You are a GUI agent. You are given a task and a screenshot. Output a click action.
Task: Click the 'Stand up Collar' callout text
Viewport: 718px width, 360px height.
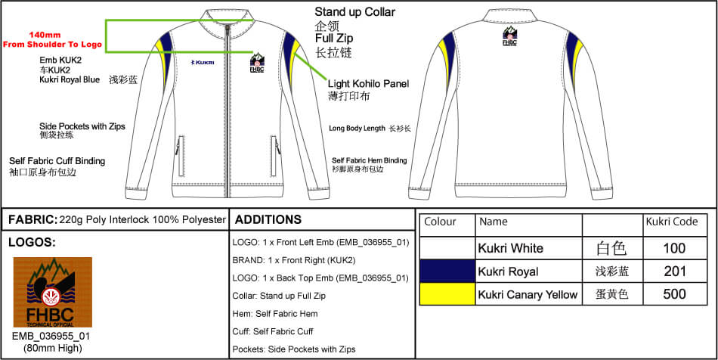click(354, 12)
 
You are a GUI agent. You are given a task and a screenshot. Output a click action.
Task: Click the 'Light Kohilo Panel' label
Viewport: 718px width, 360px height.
click(368, 83)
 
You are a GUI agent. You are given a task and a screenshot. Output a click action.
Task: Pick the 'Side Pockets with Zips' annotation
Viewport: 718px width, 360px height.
click(82, 126)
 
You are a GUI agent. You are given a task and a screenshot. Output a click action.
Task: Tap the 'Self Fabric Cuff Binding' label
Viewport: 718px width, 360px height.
click(57, 161)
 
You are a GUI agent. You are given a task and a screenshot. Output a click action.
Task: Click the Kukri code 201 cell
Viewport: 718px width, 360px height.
click(674, 272)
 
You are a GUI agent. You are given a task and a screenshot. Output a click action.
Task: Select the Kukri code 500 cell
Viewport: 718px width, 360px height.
click(674, 294)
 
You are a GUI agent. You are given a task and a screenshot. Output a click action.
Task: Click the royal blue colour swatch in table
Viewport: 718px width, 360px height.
click(447, 272)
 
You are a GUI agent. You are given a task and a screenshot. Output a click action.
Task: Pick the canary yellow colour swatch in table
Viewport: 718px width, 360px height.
click(447, 294)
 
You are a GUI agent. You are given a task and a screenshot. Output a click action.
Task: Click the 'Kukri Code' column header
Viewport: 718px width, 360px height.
click(669, 222)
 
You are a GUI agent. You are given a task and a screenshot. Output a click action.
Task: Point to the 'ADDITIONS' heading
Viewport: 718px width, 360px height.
click(268, 220)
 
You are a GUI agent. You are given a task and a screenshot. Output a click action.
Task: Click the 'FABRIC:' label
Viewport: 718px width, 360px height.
click(32, 220)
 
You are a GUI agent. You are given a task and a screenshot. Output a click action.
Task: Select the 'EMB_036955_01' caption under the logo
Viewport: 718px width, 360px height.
click(52, 336)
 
